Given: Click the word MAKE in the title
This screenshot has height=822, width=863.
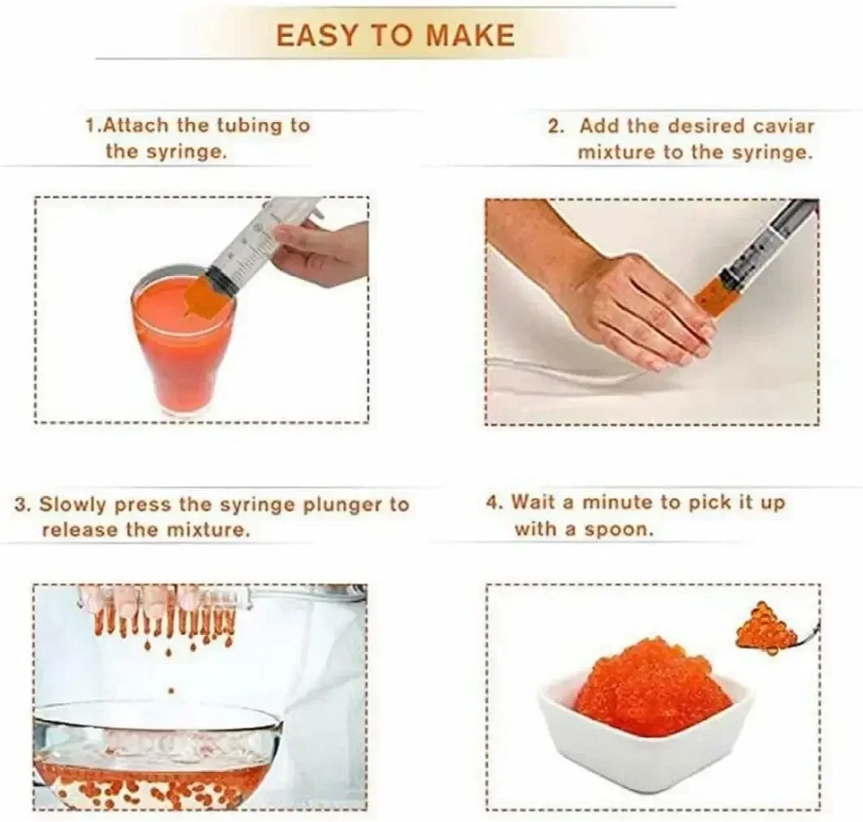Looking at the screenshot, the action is point(471,36).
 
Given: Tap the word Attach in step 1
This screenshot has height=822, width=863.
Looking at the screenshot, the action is point(136,125).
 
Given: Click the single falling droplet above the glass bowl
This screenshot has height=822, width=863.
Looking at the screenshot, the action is point(171,690).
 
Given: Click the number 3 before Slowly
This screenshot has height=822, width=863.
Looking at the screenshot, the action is point(22,505).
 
